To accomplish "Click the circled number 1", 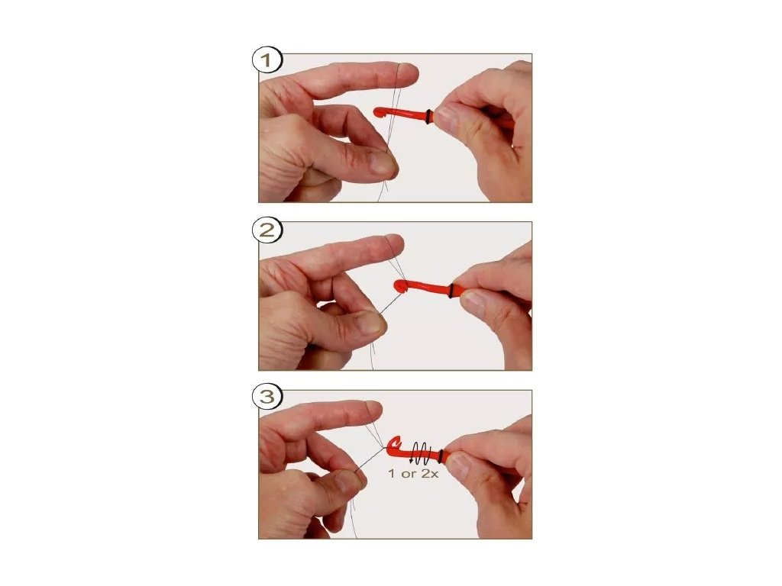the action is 267,61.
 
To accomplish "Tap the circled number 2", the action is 267,230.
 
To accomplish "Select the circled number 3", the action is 267,397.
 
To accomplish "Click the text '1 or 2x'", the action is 413,473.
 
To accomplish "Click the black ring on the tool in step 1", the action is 429,117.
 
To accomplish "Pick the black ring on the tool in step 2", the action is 451,291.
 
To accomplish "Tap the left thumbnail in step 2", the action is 370,323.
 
